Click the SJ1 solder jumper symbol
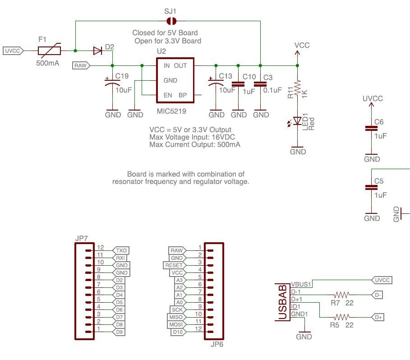(x=171, y=21)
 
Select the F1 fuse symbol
(x=50, y=51)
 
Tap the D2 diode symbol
(x=97, y=51)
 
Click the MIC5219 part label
(x=171, y=111)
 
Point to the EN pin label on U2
(x=168, y=95)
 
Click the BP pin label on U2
(x=183, y=95)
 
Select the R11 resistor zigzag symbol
(x=297, y=88)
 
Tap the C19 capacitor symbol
(x=112, y=83)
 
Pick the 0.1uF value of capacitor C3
(x=272, y=90)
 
